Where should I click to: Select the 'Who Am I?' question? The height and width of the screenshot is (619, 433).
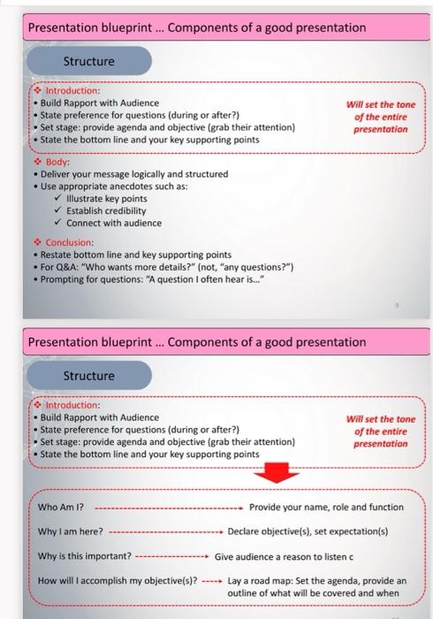(x=61, y=508)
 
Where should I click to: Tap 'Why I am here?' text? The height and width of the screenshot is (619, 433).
(x=71, y=532)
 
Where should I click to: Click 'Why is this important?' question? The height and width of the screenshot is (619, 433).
(x=85, y=557)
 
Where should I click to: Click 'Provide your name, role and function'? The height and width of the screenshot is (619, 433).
(x=326, y=508)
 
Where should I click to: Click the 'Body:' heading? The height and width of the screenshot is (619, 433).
(x=57, y=163)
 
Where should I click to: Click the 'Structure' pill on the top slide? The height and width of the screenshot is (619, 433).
(x=88, y=61)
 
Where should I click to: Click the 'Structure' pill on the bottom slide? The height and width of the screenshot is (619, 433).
(x=88, y=376)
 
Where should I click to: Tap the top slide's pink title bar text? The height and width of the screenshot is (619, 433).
(x=197, y=27)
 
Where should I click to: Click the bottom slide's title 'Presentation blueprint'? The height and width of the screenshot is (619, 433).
(x=93, y=342)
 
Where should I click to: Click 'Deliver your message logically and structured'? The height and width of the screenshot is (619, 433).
(x=133, y=174)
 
